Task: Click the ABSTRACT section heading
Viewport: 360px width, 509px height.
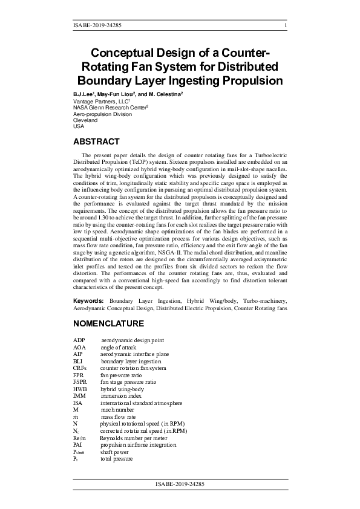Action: pos(96,141)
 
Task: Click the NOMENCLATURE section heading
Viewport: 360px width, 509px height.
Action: pos(108,323)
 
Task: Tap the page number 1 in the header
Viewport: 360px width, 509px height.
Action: pos(285,25)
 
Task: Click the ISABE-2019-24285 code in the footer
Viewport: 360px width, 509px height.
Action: pos(180,484)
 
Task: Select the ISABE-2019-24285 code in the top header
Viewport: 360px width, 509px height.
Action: pos(97,25)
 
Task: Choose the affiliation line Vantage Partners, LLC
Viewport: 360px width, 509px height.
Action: pos(100,102)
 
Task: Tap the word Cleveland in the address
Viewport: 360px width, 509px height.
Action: pos(85,120)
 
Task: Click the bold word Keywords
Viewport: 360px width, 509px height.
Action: pos(88,300)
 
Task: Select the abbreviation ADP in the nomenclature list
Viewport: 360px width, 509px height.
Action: pos(79,342)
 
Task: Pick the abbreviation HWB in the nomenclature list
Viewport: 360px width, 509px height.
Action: pos(80,389)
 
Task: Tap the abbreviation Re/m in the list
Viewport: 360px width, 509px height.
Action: pos(80,437)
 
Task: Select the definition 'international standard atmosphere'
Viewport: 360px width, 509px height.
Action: pos(141,403)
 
